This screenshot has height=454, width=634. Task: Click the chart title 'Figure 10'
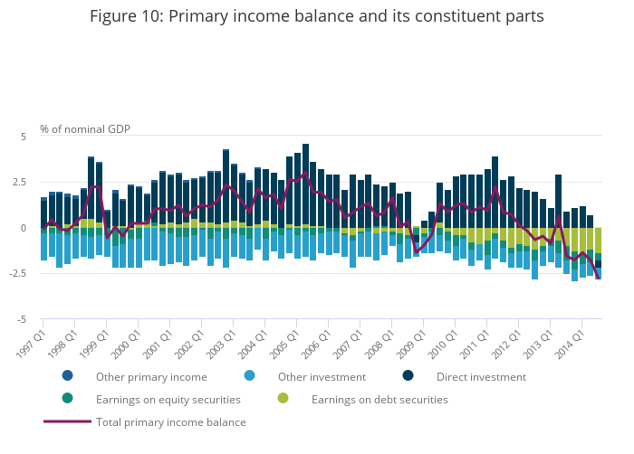(x=317, y=16)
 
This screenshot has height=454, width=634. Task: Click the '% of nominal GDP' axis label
(x=85, y=128)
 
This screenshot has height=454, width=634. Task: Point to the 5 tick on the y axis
(x=24, y=136)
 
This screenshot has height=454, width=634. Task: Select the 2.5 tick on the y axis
(x=21, y=182)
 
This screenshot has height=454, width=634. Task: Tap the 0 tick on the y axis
(x=24, y=228)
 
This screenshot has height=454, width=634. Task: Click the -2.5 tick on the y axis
(x=19, y=274)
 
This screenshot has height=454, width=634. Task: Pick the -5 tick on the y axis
(x=23, y=320)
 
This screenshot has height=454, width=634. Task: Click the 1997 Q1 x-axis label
(x=29, y=339)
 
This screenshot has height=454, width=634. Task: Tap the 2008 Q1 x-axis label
(x=379, y=339)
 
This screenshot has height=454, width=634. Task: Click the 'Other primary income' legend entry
(x=151, y=377)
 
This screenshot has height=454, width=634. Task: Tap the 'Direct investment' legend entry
(x=481, y=377)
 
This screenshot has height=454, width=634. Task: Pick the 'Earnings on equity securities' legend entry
(x=168, y=400)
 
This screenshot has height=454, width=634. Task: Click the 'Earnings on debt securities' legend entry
(x=379, y=400)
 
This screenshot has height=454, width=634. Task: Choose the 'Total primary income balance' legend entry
(x=170, y=422)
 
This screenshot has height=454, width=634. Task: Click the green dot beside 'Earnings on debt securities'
(x=283, y=399)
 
